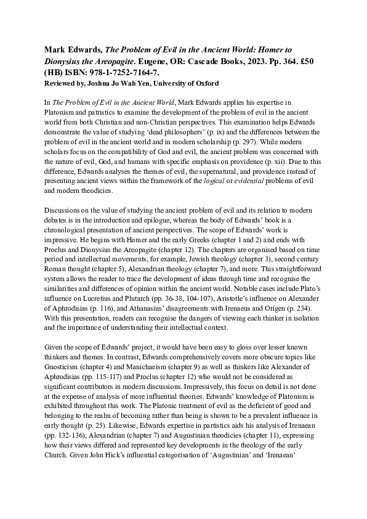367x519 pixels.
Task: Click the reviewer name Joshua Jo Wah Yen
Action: [133, 83]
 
